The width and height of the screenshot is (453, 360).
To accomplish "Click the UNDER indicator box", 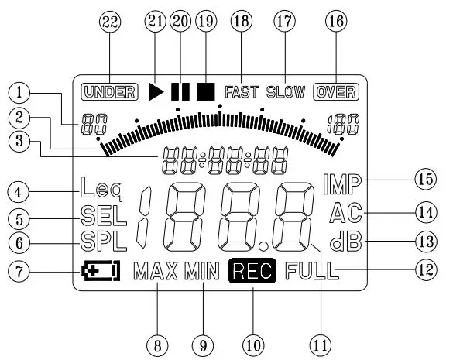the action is click(109, 92).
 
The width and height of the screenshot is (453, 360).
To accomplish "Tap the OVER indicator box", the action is click(336, 92).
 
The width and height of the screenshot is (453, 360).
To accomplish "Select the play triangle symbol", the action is click(156, 92).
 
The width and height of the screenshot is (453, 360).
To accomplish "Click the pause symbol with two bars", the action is click(180, 92).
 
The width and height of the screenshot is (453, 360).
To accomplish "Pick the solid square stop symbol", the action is click(206, 92).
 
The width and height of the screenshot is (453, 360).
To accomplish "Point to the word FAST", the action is click(242, 92).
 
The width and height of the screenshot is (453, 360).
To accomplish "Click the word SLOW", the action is click(286, 92).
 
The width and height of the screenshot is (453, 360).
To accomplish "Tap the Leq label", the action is click(101, 189).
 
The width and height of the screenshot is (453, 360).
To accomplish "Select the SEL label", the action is click(104, 215).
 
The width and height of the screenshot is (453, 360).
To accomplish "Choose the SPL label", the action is click(104, 241).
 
